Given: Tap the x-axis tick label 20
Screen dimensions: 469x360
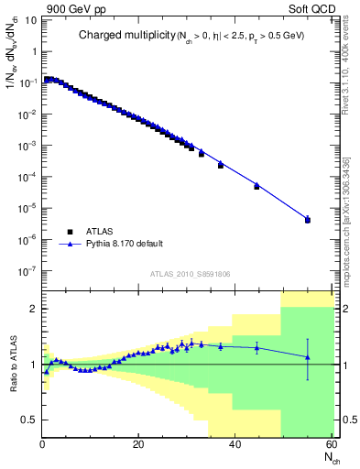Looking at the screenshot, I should click(138, 445).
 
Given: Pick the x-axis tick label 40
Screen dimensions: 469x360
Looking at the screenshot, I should click(235, 445).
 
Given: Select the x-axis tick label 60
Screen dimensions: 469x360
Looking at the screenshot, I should click(331, 445).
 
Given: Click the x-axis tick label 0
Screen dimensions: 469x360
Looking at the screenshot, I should click(43, 445).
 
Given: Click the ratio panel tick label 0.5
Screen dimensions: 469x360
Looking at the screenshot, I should click(28, 420).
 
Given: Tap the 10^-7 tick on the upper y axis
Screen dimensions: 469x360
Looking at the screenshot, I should click(28, 271).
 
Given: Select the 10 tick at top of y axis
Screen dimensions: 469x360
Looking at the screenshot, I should click(30, 21).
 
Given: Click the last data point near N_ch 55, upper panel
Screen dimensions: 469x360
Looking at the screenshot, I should click(308, 220).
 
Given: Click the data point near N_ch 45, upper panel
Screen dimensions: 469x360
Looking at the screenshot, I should click(256, 186).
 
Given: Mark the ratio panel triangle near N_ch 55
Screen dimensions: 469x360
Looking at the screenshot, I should click(308, 357).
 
